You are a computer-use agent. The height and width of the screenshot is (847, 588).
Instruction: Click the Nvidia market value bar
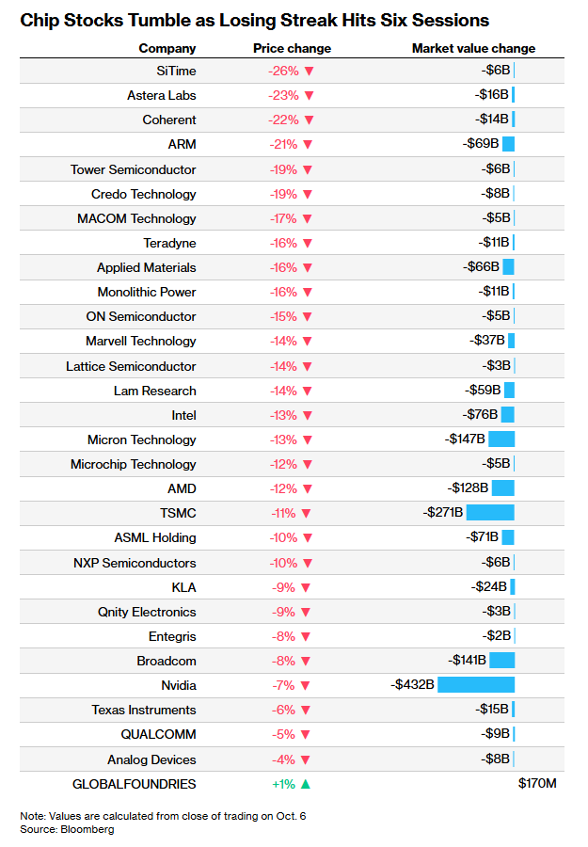coord(476,685)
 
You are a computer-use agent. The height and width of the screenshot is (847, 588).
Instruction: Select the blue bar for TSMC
coord(490,512)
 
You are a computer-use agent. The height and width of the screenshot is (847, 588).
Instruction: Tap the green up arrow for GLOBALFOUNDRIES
coord(306,784)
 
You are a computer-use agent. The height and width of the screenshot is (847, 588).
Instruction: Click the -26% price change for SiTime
coord(283,71)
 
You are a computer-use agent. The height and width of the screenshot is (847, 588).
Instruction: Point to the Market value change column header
coord(473,48)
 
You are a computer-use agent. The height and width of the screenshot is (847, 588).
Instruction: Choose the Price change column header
coord(292,48)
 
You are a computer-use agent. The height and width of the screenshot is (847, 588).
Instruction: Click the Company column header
coord(167,48)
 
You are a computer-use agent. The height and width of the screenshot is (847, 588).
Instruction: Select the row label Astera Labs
coord(162,96)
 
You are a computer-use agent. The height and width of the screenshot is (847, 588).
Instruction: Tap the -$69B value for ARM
coord(481,144)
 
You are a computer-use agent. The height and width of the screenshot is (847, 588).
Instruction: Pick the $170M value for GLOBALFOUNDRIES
coord(537,783)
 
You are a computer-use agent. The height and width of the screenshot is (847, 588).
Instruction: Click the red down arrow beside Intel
coord(308,415)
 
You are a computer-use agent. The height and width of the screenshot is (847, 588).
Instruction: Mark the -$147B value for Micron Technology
coord(465,439)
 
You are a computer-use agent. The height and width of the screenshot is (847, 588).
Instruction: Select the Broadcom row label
coord(167,662)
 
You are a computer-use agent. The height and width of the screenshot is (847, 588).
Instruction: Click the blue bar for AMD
coord(503,487)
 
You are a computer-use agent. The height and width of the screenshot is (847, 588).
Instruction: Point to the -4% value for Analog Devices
coord(283,759)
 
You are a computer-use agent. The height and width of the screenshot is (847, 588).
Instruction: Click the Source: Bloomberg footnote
coord(67,829)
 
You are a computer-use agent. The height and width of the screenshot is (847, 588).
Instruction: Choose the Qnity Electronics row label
coord(147,612)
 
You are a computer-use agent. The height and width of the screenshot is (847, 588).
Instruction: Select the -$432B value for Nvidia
coord(412,684)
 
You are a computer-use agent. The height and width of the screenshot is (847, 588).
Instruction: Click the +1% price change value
coord(283,784)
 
